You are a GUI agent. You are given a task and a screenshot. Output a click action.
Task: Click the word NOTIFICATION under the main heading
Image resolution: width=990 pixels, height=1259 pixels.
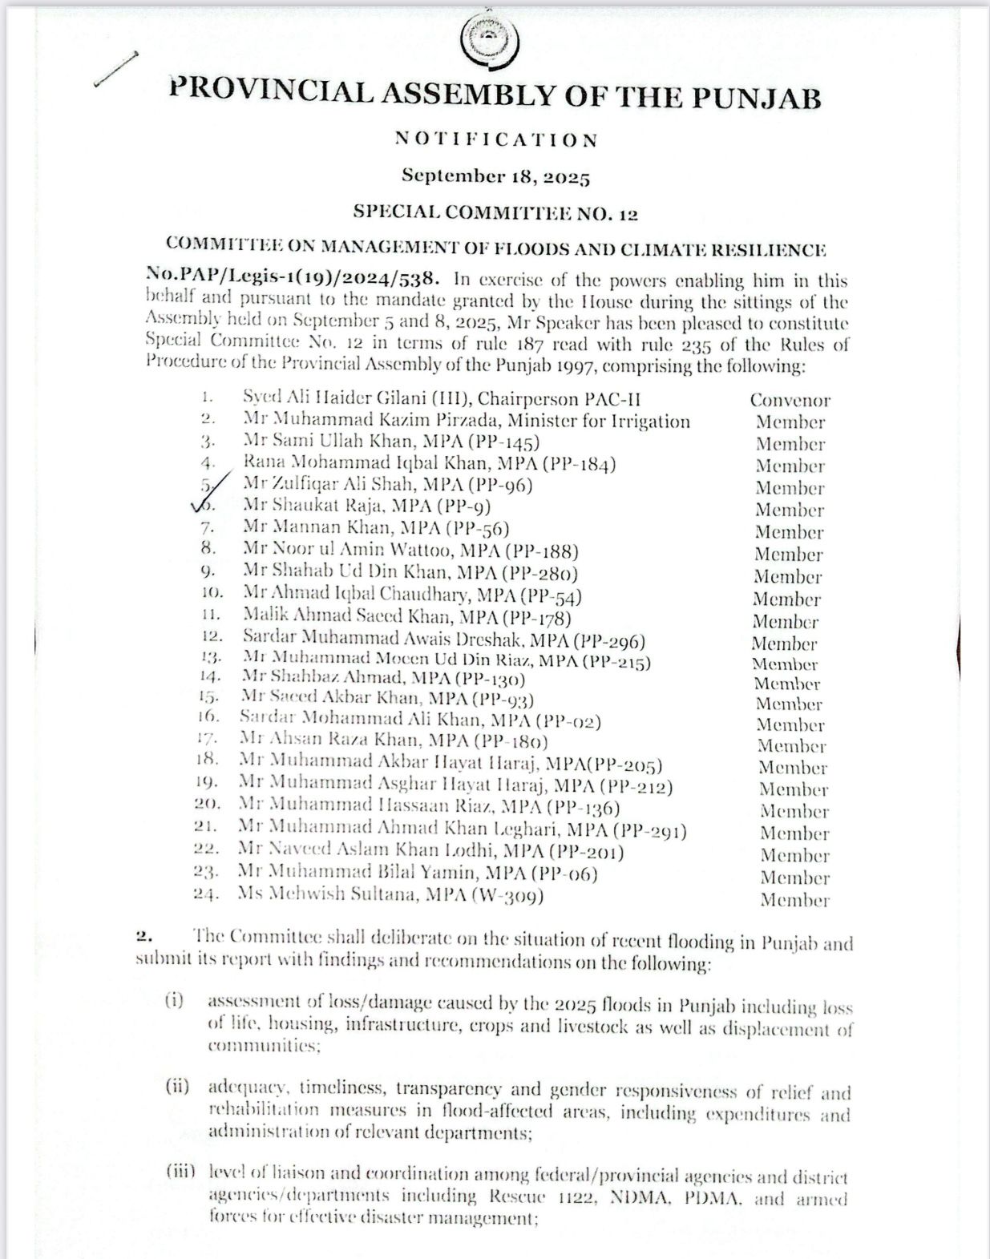(x=496, y=140)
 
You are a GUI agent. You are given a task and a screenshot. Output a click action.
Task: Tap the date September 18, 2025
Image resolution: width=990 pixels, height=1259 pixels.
(x=495, y=176)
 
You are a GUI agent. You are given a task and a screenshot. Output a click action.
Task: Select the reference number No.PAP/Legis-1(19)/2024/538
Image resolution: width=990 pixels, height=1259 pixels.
(x=293, y=278)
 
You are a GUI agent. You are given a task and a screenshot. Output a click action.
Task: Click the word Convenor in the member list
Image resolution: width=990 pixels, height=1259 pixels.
(x=790, y=400)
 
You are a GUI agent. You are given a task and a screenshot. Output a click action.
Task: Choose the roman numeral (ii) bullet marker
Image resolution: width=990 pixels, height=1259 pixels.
(x=177, y=1087)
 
